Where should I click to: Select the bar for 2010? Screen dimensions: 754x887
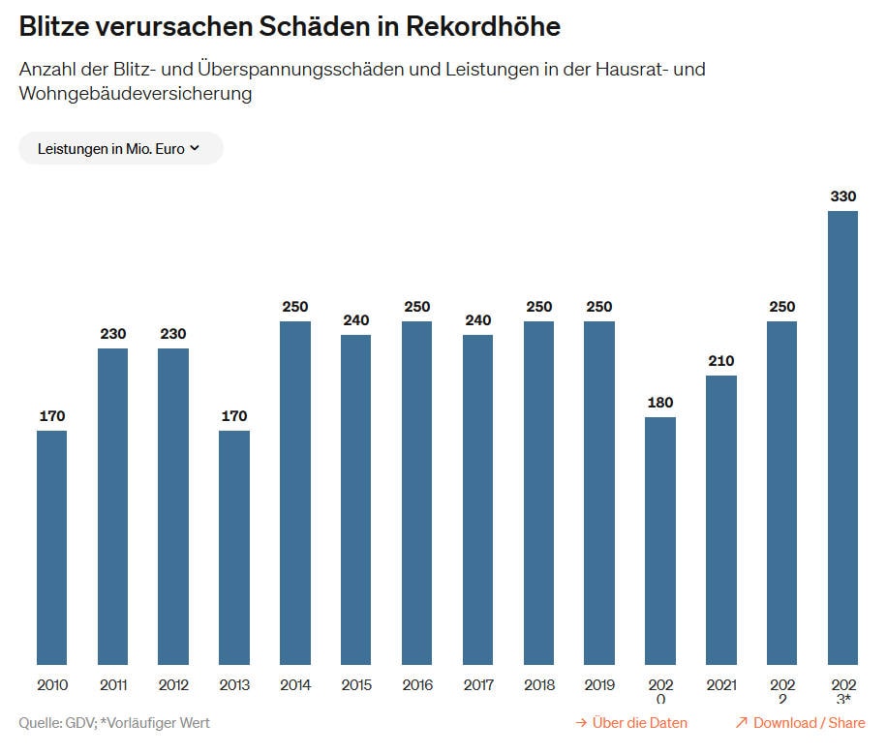coord(52,547)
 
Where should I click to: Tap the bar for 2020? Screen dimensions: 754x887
coord(660,540)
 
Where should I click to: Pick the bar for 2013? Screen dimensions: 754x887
coord(234,547)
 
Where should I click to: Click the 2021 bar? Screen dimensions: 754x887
coord(721,520)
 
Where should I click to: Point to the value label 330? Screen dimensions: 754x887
coord(842,196)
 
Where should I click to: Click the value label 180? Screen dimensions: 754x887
coord(660,403)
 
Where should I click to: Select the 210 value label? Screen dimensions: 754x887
coord(721,361)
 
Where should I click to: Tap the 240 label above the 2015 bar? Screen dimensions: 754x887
coord(356,320)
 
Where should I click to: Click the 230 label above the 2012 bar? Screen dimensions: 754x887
coord(173,334)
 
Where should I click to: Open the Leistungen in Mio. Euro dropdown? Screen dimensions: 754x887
coord(120,148)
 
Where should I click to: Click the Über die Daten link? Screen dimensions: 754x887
coord(631,723)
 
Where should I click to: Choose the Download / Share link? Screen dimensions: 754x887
coord(800,723)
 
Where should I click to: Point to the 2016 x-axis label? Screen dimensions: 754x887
coord(417,685)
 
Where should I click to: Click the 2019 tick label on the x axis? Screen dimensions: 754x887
coord(599,685)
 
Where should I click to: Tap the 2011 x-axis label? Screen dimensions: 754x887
coord(113,685)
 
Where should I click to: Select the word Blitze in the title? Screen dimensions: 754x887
coord(57,26)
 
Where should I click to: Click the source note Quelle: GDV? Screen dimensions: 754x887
coord(56,723)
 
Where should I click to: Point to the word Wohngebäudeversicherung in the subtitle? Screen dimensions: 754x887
coord(135,94)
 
